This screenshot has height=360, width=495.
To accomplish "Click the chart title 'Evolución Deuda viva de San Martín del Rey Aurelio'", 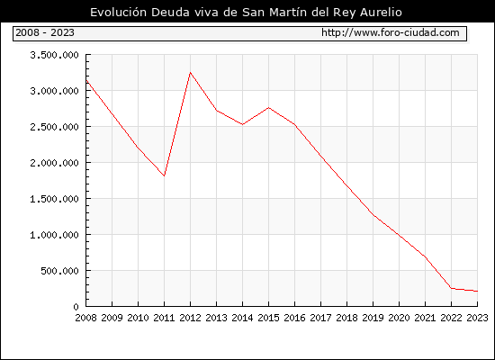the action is coord(246,13).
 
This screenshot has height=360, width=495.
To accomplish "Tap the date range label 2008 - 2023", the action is coord(45,32).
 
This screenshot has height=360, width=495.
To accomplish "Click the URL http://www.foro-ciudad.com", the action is coord(391,32).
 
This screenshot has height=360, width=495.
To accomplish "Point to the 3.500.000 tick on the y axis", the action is coord(54,55).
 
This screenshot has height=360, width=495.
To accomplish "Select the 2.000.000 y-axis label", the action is coord(54,163).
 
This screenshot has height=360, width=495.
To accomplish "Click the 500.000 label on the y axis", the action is coord(59,271).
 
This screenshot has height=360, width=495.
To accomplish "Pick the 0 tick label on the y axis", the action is coord(76,307).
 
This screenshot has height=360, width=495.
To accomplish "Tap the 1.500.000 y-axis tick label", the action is coord(54,199).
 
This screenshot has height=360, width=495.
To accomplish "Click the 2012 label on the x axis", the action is coord(190,318).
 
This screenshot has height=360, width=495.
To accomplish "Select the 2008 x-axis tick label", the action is coord(85,318).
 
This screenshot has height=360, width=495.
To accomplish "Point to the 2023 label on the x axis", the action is coord(477,318).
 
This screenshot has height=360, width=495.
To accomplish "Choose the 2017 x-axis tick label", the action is coord(320,318).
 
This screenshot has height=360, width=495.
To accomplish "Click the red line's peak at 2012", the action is coord(191,73).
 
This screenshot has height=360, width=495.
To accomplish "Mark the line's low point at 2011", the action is coord(164,175).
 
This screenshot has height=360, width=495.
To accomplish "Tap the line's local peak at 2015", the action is coord(269,108).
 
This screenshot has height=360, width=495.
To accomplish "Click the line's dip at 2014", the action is coord(242,124).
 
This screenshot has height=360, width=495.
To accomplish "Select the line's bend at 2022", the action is coord(452,288).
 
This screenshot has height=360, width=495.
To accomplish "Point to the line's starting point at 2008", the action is coord(86,80).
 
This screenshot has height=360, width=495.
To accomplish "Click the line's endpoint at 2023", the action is coord(477,292).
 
